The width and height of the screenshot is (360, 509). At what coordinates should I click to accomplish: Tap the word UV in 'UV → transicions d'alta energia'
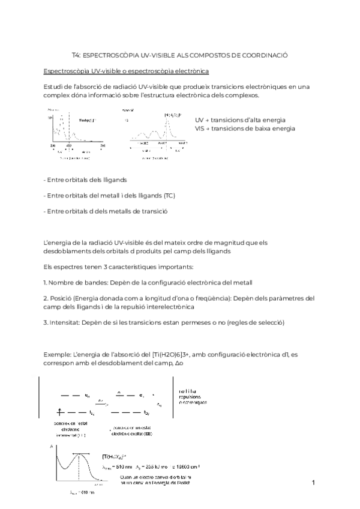(200, 120)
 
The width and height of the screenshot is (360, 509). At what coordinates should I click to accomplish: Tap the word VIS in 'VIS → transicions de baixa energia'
(200, 128)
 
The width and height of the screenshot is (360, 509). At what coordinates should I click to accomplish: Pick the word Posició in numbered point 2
(61, 298)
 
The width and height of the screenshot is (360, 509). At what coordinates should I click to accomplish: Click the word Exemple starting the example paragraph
(59, 355)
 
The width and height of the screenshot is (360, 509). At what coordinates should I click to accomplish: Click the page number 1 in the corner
(313, 483)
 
